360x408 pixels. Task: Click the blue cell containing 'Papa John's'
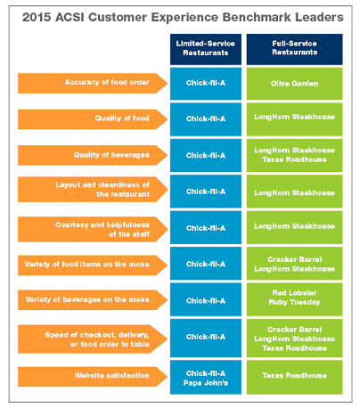click(x=205, y=376)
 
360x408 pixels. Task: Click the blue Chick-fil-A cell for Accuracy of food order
click(x=205, y=83)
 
